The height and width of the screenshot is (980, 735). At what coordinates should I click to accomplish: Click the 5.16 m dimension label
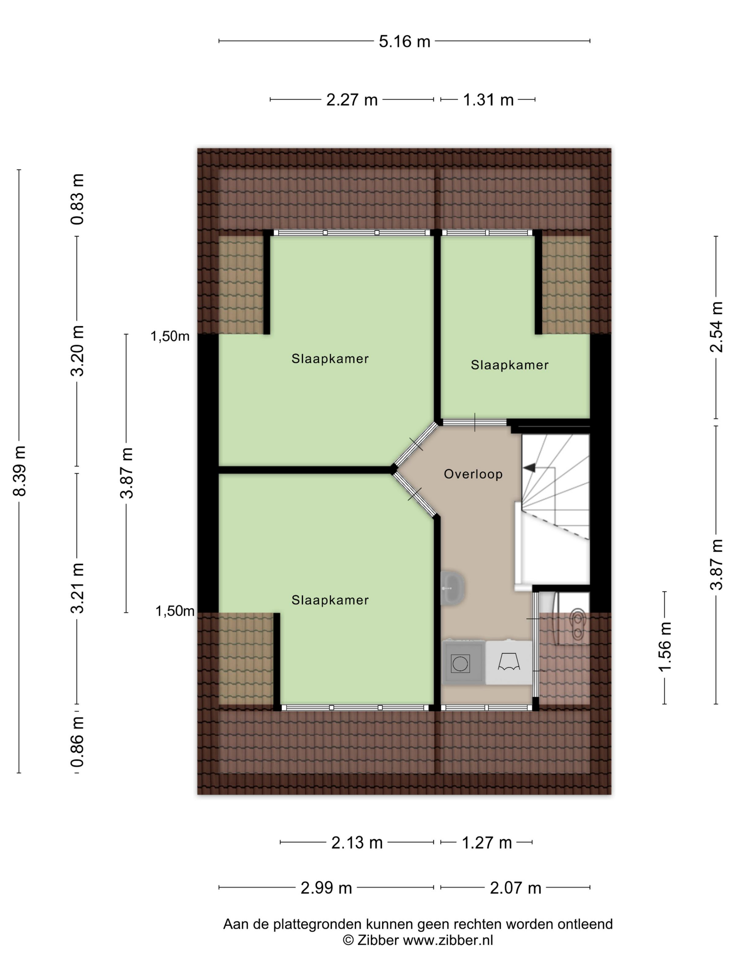coord(404,41)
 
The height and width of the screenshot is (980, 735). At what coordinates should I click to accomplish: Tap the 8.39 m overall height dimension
coord(20,470)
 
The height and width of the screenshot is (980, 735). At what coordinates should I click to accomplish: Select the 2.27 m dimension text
coord(352,100)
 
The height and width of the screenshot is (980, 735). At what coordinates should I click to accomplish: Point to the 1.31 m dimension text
coord(488,100)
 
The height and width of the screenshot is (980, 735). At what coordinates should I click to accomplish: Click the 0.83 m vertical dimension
coord(78,199)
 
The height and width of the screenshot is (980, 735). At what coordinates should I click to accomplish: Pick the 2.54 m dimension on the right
coord(716,327)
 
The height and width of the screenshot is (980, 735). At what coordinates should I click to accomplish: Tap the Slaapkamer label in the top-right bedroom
coord(510,365)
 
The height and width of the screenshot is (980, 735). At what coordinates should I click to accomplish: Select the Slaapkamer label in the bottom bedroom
coord(330,600)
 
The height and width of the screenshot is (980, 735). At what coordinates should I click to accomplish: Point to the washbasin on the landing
coord(452,588)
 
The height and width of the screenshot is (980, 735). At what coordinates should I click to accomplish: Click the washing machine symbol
coord(463,663)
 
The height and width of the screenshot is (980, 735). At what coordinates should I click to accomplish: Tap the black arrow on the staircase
coord(529,467)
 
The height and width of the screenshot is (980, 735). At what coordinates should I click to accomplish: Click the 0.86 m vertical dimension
coord(78,742)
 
